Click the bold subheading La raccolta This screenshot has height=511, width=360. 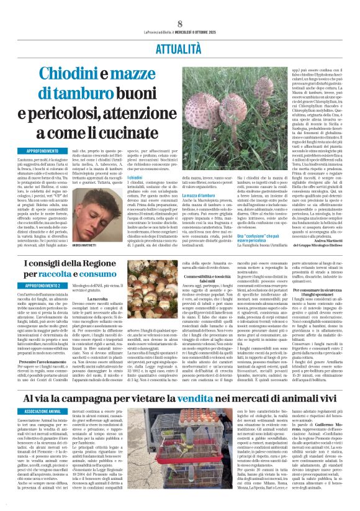tap(122, 299)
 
